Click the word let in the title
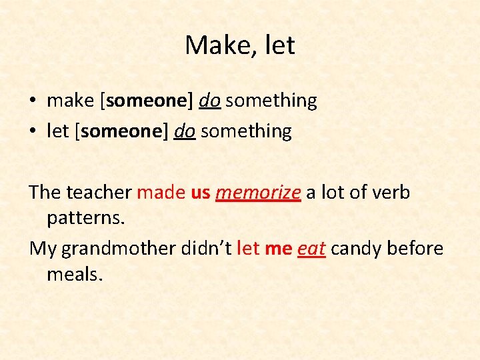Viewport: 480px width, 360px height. click(x=280, y=46)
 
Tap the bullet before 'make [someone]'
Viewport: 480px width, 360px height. click(x=33, y=101)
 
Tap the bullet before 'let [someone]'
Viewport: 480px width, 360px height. click(x=33, y=132)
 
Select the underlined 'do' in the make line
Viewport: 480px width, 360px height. click(x=209, y=101)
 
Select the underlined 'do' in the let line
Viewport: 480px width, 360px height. click(x=184, y=131)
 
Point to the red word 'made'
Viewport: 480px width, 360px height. click(x=161, y=193)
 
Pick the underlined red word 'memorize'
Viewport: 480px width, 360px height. click(x=259, y=193)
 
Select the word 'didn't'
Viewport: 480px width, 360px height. click(x=206, y=249)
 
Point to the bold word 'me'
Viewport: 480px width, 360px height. click(x=278, y=249)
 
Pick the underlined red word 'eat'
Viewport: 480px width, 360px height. click(x=311, y=249)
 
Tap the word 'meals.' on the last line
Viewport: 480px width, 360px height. click(x=75, y=274)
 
